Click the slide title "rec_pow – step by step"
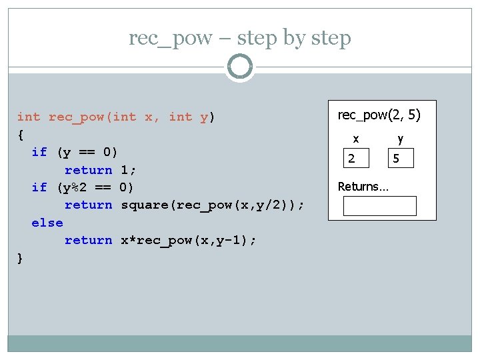click(x=240, y=38)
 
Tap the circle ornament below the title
click(x=239, y=67)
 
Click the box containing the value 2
click(x=358, y=158)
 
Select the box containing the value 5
click(x=402, y=158)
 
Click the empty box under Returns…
click(x=379, y=206)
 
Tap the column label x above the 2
click(x=356, y=139)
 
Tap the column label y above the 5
click(x=400, y=139)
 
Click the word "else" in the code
click(x=47, y=223)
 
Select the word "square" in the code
click(x=145, y=205)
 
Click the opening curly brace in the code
click(x=21, y=135)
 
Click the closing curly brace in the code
click(x=21, y=258)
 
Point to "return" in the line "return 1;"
click(x=88, y=170)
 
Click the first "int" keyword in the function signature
click(x=29, y=117)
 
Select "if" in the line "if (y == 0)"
click(x=39, y=152)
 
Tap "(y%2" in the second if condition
click(x=75, y=187)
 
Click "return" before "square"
click(x=88, y=205)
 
